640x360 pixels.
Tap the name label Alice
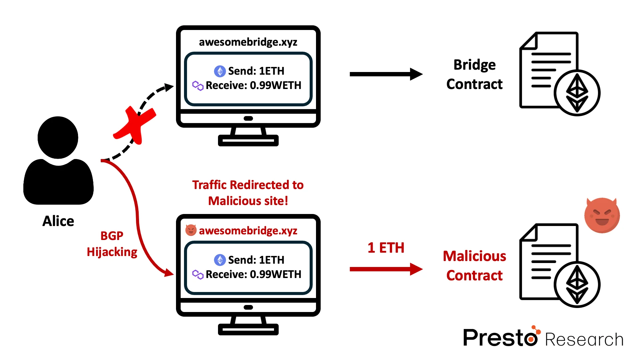click(58, 221)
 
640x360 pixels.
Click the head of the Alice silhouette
click(58, 137)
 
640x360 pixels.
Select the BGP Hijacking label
click(112, 244)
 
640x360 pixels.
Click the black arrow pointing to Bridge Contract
click(386, 74)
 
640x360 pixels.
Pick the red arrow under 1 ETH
click(386, 269)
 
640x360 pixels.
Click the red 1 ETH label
click(386, 248)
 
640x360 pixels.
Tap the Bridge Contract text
click(474, 74)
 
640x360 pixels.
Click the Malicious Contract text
click(474, 266)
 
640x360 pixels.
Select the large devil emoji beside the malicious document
click(602, 215)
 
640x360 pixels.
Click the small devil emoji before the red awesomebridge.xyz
click(191, 230)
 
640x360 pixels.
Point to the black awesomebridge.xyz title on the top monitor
click(248, 42)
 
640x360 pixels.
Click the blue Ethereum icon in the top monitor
click(220, 71)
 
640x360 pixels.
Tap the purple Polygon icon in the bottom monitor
click(198, 274)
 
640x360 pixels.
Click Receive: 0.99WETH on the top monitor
click(253, 85)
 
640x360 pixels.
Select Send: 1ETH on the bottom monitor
click(256, 260)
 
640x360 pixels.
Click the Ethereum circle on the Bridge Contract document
click(577, 93)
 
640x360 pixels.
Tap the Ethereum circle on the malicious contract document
click(577, 284)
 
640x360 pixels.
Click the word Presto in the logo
click(500, 338)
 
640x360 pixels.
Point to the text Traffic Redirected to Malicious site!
click(248, 193)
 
